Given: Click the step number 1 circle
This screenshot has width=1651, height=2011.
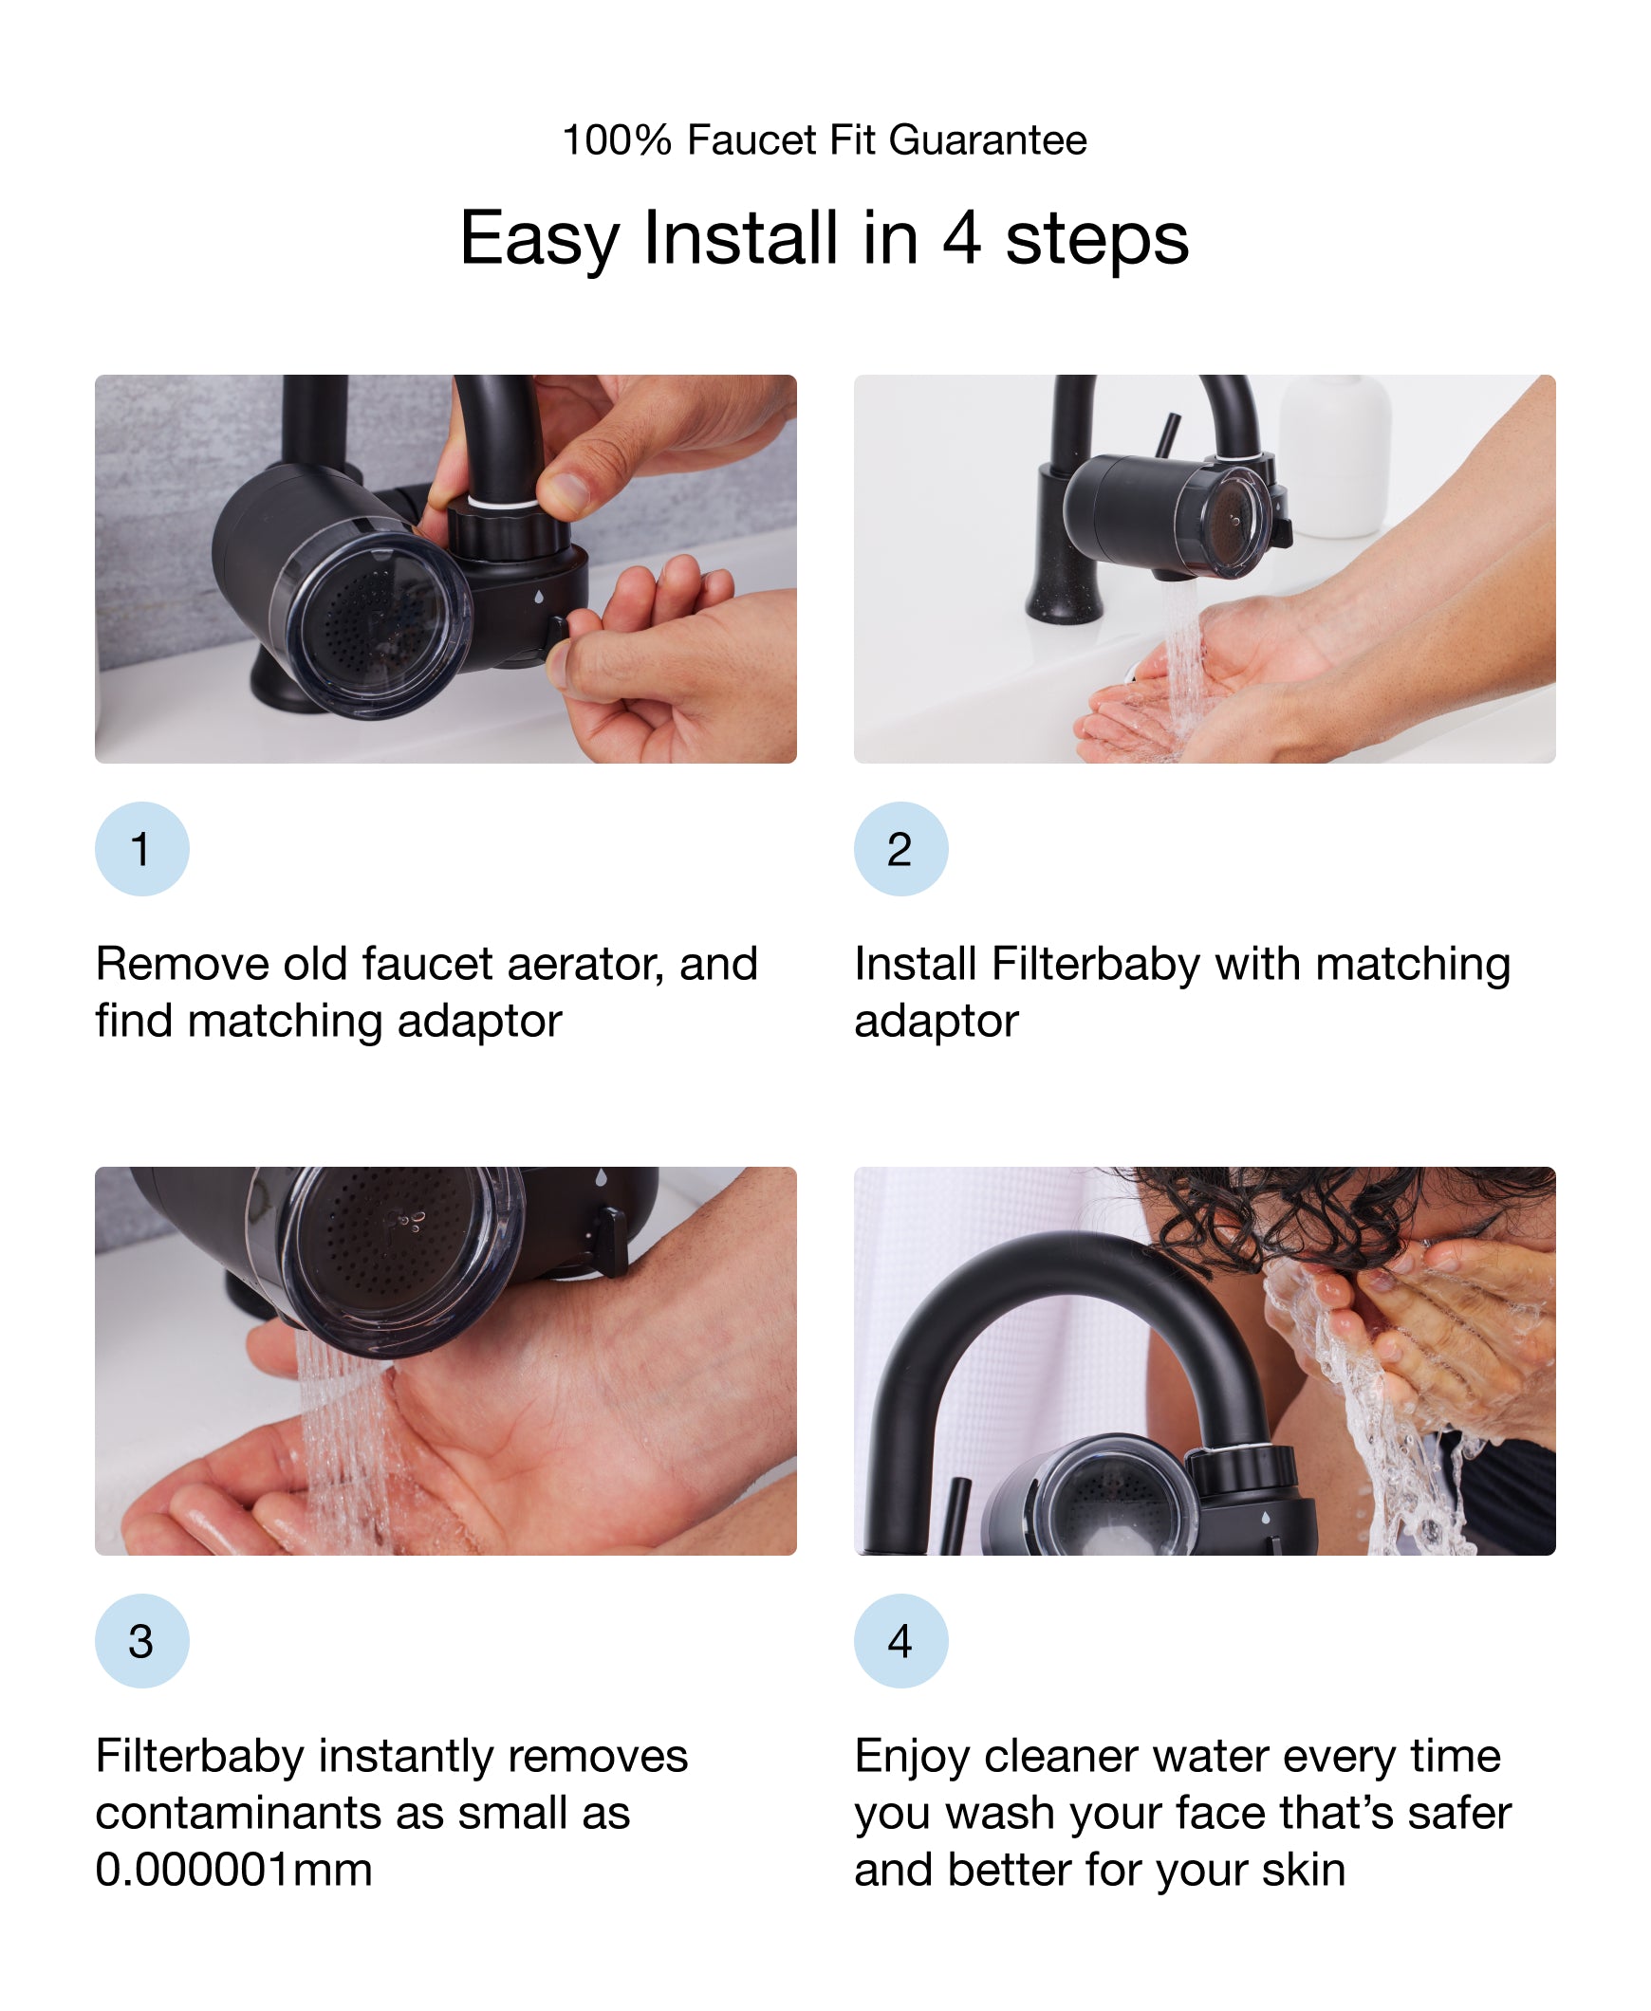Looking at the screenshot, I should [141, 848].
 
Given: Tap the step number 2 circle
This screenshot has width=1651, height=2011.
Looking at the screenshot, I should [900, 848].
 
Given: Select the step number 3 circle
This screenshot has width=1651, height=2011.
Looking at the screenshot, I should [141, 1640].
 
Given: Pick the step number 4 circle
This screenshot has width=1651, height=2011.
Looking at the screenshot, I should [900, 1640].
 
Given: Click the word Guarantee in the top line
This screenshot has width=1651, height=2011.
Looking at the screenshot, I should [987, 140].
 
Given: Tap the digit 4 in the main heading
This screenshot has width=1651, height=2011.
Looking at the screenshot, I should [960, 238].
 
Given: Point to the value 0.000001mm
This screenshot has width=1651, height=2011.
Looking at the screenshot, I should [233, 1870].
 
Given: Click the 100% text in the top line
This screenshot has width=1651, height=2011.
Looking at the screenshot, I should [616, 140].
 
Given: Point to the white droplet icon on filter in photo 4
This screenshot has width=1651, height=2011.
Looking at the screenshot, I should [1266, 1518].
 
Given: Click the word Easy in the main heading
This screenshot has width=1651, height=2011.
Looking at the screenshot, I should [538, 238].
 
